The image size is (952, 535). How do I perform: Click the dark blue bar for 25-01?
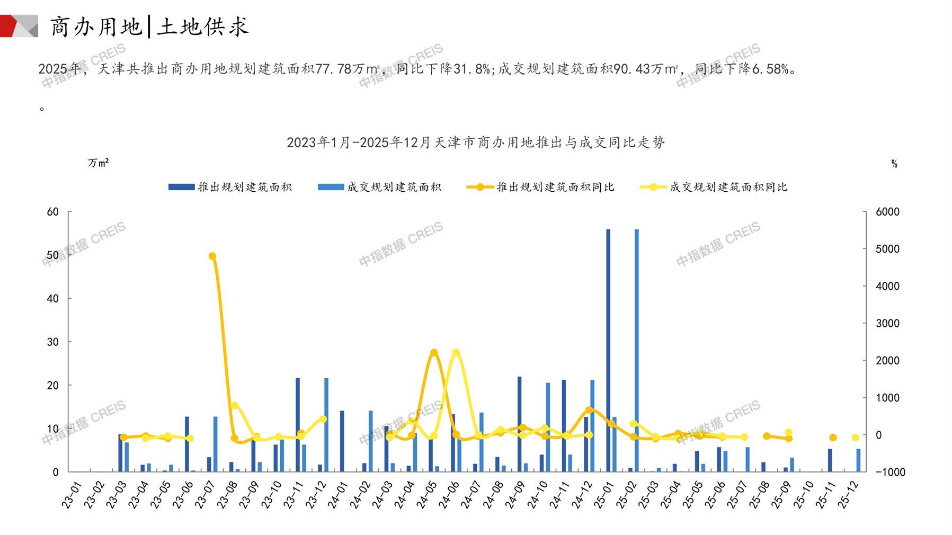(608, 350)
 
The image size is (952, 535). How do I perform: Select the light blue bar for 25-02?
(636, 350)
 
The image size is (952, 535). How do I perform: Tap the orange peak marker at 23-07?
(212, 256)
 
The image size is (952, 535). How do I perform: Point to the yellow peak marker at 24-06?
(456, 353)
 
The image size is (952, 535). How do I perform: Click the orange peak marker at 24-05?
(434, 353)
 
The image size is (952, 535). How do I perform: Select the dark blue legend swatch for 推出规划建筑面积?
(181, 187)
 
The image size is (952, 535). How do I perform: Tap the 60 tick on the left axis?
(53, 212)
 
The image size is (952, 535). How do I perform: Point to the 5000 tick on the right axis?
(887, 249)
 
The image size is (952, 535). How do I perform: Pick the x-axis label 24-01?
(337, 495)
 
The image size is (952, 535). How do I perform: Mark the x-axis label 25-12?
(848, 495)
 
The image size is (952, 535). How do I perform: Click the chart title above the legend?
(476, 142)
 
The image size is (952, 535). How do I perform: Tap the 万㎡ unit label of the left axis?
(98, 163)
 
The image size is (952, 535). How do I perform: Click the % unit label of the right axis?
(894, 164)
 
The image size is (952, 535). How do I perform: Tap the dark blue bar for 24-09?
(520, 424)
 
